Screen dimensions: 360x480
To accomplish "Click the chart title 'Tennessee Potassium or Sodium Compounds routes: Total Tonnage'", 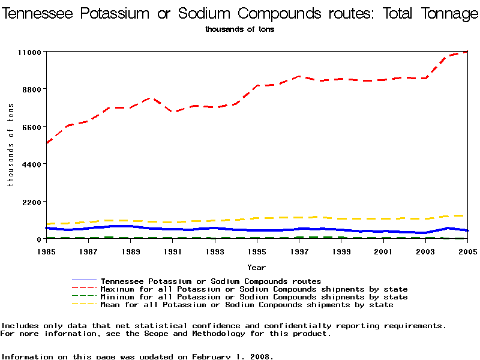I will click(240, 14).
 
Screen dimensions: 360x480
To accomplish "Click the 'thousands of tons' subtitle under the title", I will click(239, 29).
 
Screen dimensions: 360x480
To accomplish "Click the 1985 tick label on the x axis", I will click(46, 251).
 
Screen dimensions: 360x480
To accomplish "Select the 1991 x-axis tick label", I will click(173, 251).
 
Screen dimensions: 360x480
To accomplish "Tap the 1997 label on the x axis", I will click(299, 251).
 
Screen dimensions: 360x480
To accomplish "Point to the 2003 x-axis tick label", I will click(425, 251).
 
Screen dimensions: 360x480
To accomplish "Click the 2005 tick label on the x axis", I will click(467, 251).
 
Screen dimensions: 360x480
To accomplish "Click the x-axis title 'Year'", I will click(256, 268).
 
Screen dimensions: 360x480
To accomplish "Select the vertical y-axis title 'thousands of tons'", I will click(11, 144).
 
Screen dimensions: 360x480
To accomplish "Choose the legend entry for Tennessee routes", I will click(211, 281).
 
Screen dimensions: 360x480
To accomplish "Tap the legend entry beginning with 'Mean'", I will click(247, 305).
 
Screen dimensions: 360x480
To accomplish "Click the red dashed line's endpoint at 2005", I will click(467, 52).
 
